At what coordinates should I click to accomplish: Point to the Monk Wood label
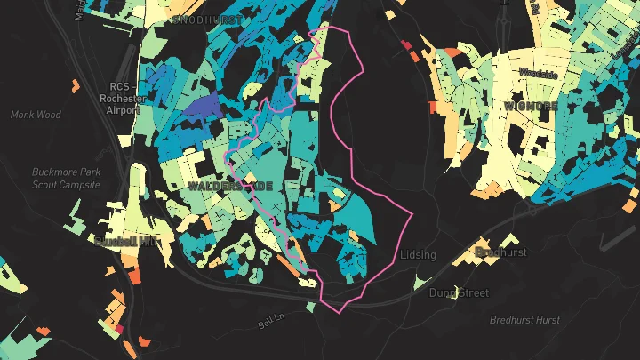(x=35, y=115)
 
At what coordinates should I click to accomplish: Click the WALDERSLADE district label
(x=230, y=185)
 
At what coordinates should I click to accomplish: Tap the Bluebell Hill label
(x=124, y=240)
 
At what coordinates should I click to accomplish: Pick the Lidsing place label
(x=419, y=255)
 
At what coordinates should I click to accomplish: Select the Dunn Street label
(x=458, y=292)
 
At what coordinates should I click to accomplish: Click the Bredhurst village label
(x=501, y=252)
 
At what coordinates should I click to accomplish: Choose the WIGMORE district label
(x=531, y=105)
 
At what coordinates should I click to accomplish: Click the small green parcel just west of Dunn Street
(x=417, y=283)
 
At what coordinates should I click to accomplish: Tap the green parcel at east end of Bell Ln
(x=309, y=308)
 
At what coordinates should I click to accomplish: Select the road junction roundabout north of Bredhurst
(x=533, y=201)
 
